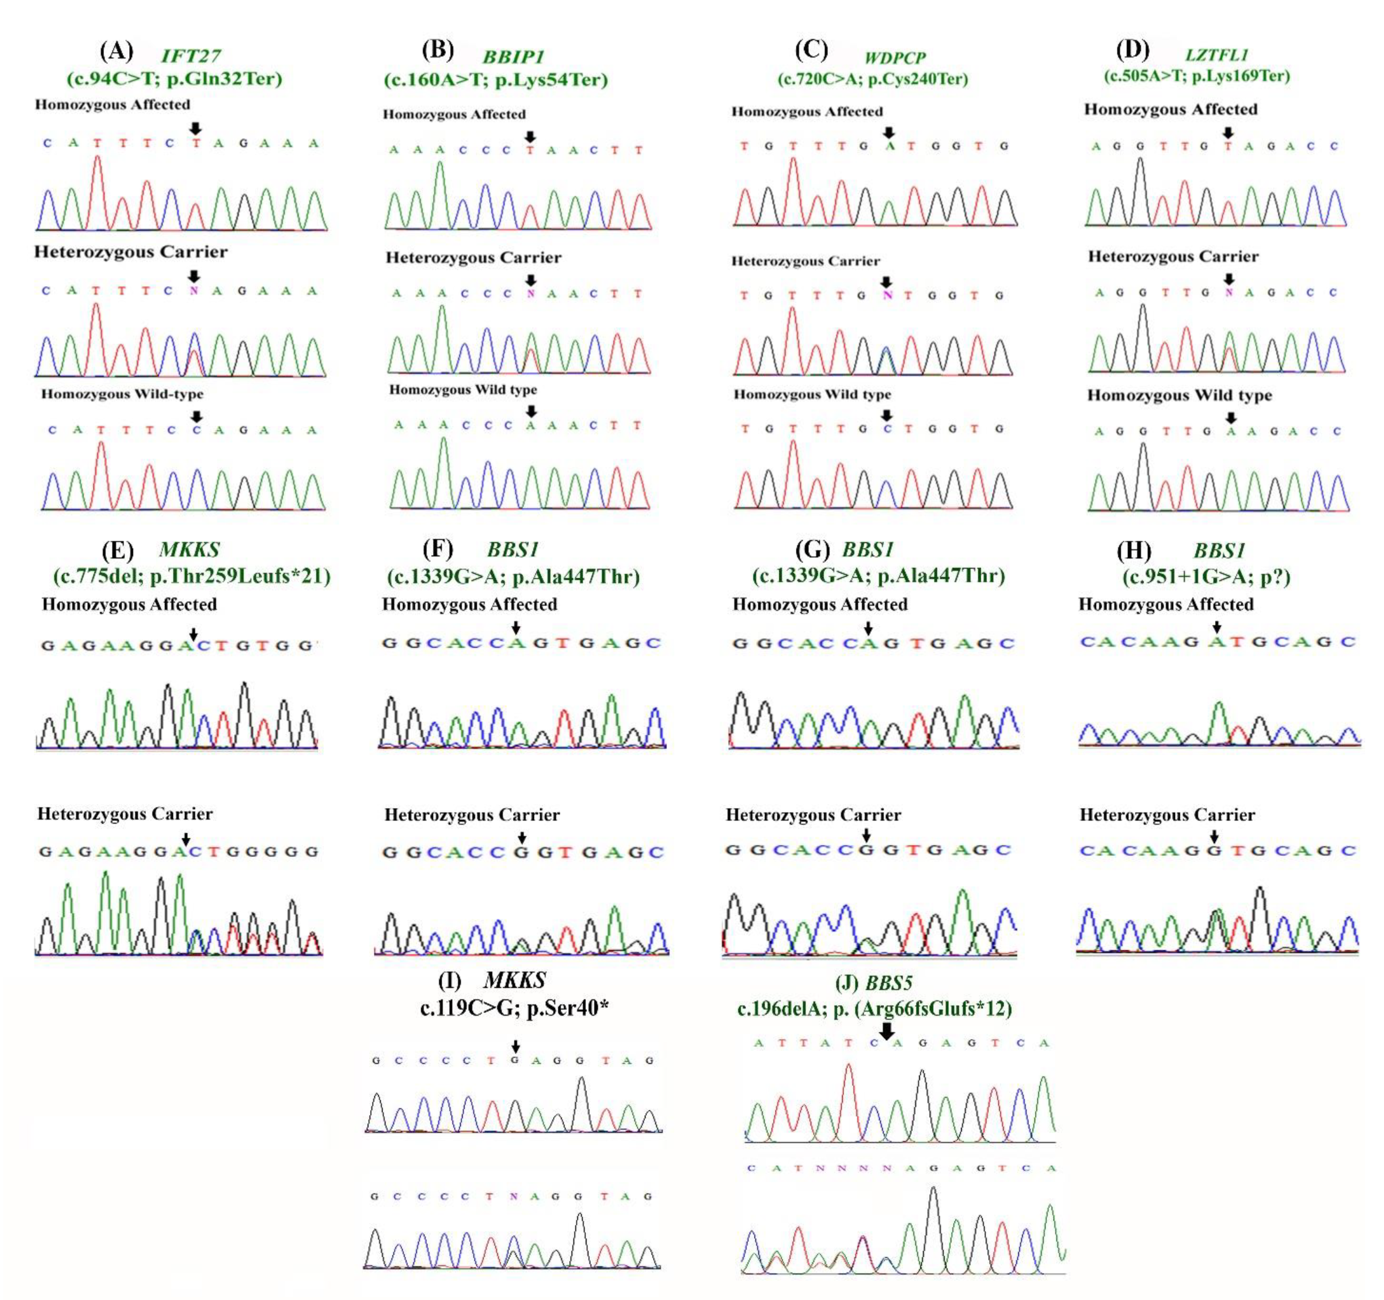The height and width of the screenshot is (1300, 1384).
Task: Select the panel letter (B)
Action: (x=438, y=50)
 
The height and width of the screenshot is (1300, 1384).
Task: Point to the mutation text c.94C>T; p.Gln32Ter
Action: (x=175, y=78)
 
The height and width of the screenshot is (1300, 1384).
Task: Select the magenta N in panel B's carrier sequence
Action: (x=531, y=293)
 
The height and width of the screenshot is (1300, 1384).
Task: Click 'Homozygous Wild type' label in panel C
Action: (x=812, y=395)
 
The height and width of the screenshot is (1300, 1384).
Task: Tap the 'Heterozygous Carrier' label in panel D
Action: (x=1173, y=257)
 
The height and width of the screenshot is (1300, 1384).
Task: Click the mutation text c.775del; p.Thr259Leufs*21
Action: (x=192, y=576)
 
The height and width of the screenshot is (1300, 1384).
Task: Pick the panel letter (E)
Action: (x=117, y=550)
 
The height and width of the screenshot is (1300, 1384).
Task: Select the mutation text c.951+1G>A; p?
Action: (x=1206, y=577)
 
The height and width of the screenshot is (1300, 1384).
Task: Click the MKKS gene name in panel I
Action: (x=514, y=981)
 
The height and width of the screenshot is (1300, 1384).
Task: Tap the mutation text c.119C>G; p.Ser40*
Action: (x=514, y=1008)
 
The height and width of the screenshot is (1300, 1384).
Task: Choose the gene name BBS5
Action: (x=888, y=983)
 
